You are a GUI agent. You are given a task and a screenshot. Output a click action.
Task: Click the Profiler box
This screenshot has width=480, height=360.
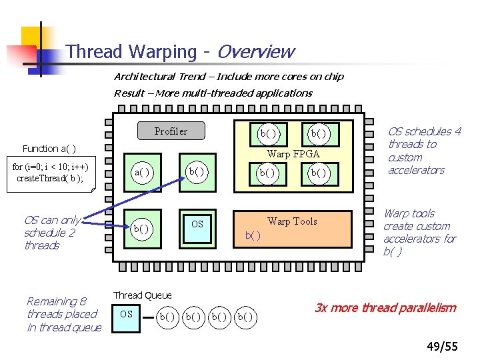tap(171, 131)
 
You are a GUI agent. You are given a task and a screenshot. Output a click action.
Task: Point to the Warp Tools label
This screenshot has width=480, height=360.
tap(292, 221)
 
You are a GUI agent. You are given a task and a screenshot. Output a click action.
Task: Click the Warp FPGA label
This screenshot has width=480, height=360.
tap(293, 154)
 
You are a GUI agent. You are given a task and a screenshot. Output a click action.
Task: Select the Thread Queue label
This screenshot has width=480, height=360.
tap(142, 295)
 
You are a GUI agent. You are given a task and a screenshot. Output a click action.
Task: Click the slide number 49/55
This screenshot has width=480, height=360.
tap(442, 346)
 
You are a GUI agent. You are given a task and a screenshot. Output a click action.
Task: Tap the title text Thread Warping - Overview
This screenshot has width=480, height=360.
tap(180, 51)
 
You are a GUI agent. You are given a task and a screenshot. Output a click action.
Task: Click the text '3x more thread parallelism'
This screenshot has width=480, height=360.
tap(385, 308)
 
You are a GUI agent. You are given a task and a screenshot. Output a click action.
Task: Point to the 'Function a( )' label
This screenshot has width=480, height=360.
tap(49, 148)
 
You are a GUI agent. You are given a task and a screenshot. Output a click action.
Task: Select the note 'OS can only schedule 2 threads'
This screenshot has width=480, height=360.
tap(52, 233)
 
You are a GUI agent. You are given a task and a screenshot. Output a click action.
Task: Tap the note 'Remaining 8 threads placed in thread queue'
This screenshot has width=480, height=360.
tap(63, 314)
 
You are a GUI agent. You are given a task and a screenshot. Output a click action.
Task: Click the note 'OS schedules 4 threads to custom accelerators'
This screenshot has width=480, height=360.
tap(424, 151)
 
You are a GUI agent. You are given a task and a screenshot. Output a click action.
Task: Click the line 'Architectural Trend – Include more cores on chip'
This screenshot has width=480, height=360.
tap(229, 77)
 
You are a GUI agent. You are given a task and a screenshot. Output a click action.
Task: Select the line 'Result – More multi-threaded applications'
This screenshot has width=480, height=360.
tap(213, 93)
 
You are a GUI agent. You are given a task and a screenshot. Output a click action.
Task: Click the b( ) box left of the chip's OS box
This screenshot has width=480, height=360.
tap(141, 229)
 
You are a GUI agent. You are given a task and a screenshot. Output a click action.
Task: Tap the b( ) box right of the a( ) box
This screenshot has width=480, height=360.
tap(197, 171)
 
